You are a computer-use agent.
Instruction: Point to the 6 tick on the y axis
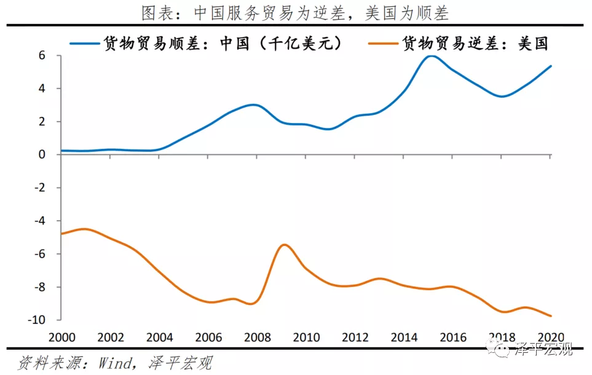coord(42,55)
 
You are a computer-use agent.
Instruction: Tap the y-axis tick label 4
coord(42,89)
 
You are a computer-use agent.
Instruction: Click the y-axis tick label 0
coord(42,154)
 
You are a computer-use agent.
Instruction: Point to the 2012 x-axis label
coord(354,337)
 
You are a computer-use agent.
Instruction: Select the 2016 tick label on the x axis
coord(452,337)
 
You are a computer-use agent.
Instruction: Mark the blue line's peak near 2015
coord(432,56)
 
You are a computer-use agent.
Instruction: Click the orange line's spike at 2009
coord(284,245)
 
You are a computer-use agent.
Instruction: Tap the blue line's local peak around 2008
coord(254,105)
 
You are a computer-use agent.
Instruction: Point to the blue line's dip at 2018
coord(502,97)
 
